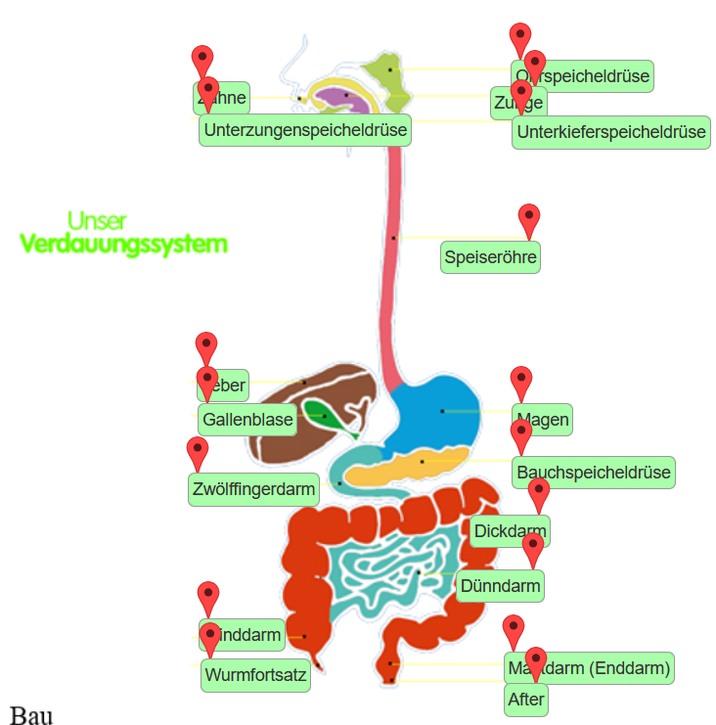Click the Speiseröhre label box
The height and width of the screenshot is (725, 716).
coord(490,257)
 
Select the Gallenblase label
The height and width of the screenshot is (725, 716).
coord(247,421)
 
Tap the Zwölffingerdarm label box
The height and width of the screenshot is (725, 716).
coord(253,488)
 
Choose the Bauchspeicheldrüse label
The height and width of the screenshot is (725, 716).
coord(594,473)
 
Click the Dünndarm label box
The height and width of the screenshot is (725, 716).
coord(500,586)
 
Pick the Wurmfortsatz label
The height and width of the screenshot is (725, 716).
coord(255,675)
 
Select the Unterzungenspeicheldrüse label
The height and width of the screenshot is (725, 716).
coord(304,129)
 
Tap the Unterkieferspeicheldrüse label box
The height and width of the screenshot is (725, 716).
coord(610,132)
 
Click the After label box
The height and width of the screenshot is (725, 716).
coord(526,700)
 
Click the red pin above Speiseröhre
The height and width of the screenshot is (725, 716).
coord(529,219)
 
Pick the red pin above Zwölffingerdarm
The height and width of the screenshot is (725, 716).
coord(198,452)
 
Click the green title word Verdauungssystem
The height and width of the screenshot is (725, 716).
coord(124,244)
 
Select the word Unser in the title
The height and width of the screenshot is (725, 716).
coord(97,220)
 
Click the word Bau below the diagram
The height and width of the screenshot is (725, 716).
coord(30,714)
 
